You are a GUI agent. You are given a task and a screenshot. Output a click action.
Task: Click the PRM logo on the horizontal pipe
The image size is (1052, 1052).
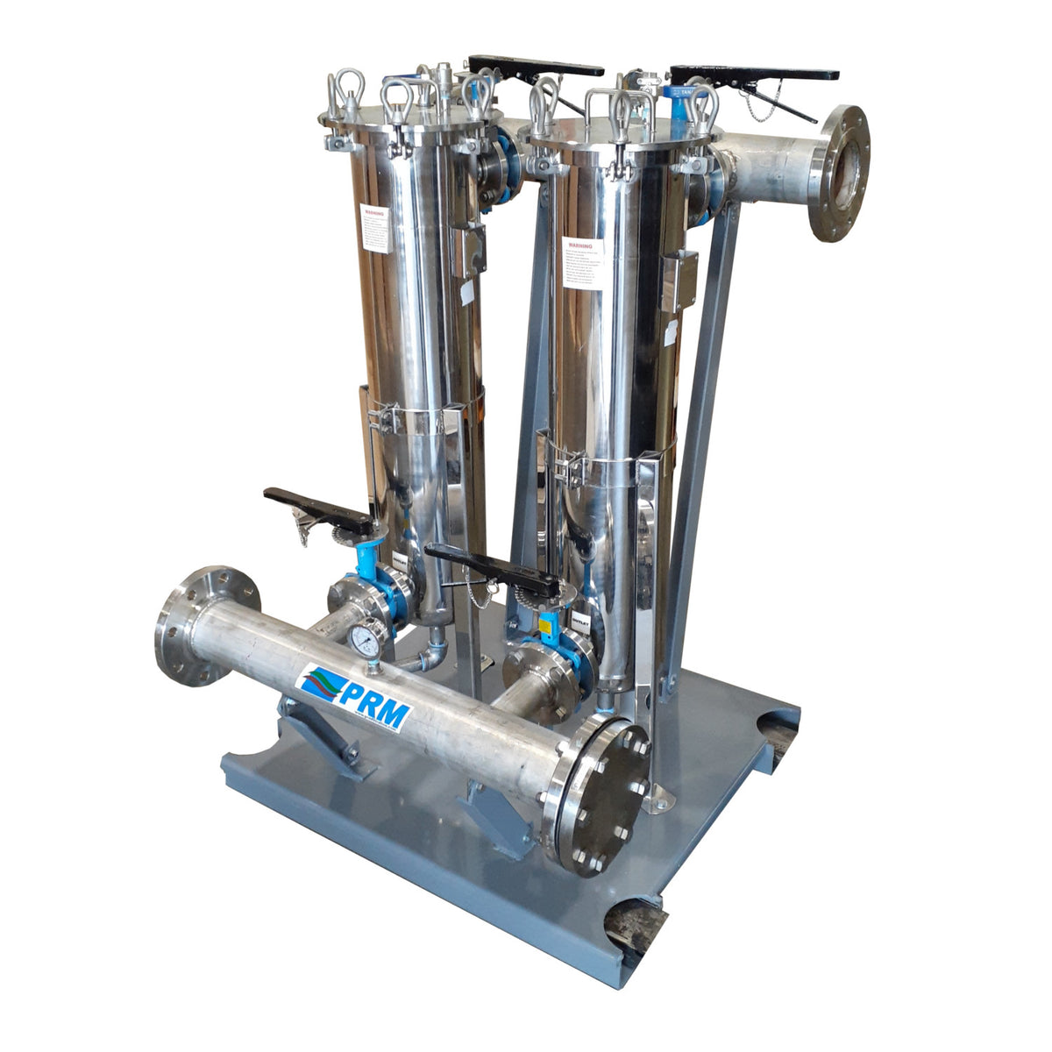click(x=354, y=698)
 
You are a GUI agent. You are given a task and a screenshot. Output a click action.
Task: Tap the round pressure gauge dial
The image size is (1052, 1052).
click(x=366, y=641)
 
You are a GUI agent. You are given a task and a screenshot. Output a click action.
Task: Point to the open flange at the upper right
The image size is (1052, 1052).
click(x=839, y=173)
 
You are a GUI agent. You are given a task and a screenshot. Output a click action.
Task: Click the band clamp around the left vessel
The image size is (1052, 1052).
click(x=421, y=420)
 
